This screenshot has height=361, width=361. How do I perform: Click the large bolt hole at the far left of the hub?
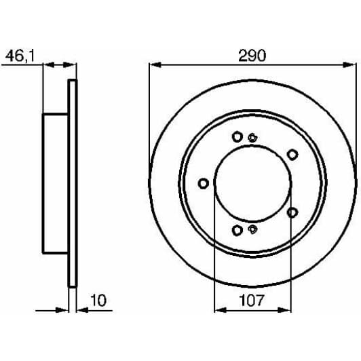[203, 183]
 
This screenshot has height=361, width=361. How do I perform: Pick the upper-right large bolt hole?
[292, 155]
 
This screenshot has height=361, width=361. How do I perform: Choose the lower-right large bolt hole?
[292, 212]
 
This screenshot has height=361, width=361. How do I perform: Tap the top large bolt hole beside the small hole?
[237, 137]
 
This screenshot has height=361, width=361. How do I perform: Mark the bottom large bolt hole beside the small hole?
[237, 231]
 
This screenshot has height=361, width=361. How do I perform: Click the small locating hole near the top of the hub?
[252, 138]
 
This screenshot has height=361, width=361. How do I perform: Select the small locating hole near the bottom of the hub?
[252, 229]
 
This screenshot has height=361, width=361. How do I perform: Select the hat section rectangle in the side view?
[56, 183]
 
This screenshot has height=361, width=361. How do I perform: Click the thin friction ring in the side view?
[72, 183]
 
